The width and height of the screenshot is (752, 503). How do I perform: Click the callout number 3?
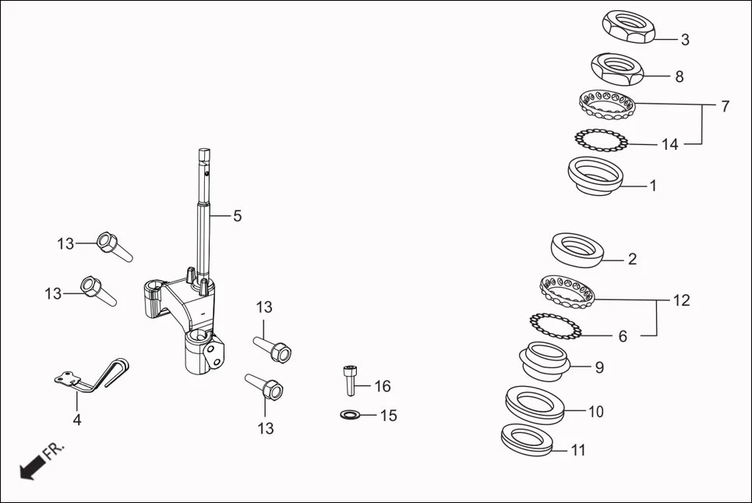click(x=684, y=40)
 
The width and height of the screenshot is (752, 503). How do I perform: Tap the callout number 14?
click(x=669, y=144)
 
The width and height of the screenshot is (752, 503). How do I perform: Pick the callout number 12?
click(x=682, y=301)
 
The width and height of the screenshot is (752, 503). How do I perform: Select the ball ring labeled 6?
click(x=556, y=326)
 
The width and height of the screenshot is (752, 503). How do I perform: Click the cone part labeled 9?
click(x=545, y=360)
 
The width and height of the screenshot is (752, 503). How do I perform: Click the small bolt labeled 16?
click(x=350, y=380)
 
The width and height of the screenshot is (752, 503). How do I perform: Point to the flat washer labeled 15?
click(x=350, y=413)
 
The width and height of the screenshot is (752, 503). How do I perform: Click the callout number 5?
click(x=237, y=216)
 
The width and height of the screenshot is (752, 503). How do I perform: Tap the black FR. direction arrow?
click(x=30, y=469)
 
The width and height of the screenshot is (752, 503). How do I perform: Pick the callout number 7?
click(x=725, y=107)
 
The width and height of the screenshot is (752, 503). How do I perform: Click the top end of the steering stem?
click(x=205, y=152)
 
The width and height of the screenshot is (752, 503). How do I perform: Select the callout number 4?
click(x=76, y=420)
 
